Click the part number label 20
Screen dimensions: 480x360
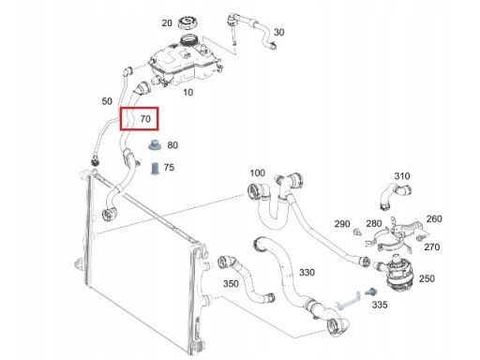(167, 22)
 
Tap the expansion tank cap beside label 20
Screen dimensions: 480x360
(188, 23)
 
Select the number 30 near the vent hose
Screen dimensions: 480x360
(278, 32)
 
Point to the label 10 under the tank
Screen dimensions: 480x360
(187, 92)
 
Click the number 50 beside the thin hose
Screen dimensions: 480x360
(107, 101)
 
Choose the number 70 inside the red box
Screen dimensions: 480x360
(145, 119)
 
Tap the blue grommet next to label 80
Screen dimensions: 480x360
(154, 145)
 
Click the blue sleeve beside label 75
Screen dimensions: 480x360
(155, 169)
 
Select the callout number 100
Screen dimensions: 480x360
(258, 172)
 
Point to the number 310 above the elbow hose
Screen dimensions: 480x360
(402, 176)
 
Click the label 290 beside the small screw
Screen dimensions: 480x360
(342, 224)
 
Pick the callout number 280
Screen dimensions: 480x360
(374, 223)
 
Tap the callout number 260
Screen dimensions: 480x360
(434, 218)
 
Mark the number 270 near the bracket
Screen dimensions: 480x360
(432, 247)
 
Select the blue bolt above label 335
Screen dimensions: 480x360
(371, 292)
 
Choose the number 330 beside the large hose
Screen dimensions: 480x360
(307, 273)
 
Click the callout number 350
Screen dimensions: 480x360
(231, 284)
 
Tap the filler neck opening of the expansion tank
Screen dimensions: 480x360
(189, 39)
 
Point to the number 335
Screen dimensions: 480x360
(380, 305)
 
